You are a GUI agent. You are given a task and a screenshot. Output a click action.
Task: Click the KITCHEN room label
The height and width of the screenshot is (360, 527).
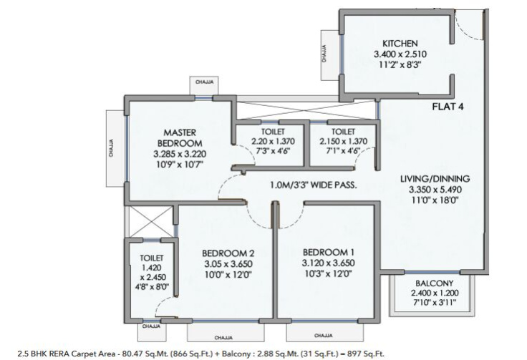pyautogui.click(x=400, y=44)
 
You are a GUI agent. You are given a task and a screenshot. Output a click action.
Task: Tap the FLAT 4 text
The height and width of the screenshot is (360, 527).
pyautogui.click(x=448, y=107)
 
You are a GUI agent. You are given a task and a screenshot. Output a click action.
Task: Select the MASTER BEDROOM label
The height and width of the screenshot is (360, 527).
pyautogui.click(x=180, y=137)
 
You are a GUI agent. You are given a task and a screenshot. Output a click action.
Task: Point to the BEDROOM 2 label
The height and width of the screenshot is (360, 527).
pyautogui.click(x=228, y=253)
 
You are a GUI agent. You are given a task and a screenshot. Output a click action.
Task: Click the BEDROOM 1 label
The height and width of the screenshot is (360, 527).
pyautogui.click(x=329, y=252)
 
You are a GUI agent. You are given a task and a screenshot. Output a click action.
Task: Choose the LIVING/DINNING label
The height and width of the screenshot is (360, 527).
pyautogui.click(x=435, y=179)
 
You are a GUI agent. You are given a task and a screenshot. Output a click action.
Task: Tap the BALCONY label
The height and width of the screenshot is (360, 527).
pyautogui.click(x=434, y=283)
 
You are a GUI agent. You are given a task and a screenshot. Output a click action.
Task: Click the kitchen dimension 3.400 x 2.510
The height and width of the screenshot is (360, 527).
pyautogui.click(x=400, y=54)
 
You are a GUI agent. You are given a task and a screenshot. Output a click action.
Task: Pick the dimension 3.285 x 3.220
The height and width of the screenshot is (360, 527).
pyautogui.click(x=180, y=154)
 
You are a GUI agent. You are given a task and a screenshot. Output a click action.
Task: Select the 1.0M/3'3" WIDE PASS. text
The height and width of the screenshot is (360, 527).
pyautogui.click(x=313, y=185)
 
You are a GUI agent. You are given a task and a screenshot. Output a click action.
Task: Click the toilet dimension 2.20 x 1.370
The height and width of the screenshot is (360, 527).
pyautogui.click(x=273, y=142)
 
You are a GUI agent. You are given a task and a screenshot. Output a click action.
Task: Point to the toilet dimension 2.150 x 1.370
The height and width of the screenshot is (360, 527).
pyautogui.click(x=343, y=142)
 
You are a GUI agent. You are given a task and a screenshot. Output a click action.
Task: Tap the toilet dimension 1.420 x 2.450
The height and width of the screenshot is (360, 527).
pyautogui.click(x=152, y=273)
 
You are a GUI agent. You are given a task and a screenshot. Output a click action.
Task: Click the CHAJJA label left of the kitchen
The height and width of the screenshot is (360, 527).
pyautogui.click(x=324, y=54)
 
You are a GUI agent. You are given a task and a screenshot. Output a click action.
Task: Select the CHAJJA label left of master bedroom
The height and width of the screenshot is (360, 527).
pyautogui.click(x=111, y=148)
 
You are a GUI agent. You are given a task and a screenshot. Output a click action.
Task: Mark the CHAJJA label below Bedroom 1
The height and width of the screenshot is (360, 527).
pyautogui.click(x=324, y=336)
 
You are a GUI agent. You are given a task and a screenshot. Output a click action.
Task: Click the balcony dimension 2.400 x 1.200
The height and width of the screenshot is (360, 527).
pyautogui.click(x=435, y=293)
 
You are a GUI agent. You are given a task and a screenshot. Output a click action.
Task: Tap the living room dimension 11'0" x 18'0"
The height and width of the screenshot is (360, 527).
pyautogui.click(x=435, y=200)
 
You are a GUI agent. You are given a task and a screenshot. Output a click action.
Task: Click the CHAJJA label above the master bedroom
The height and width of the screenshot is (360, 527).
pyautogui.click(x=204, y=82)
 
